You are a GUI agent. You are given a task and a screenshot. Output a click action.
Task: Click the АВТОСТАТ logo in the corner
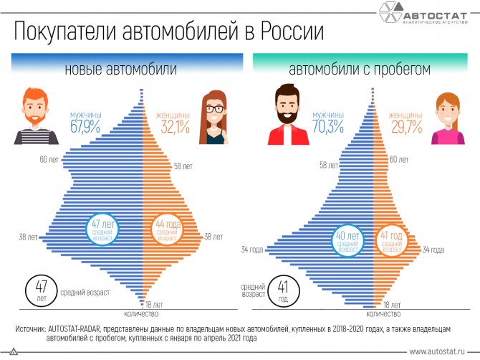(423, 13)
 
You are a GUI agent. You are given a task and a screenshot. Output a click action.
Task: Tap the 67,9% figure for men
(85, 126)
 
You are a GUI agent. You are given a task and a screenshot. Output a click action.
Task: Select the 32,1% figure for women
(175, 126)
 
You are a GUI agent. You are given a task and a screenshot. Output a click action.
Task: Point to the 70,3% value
(328, 126)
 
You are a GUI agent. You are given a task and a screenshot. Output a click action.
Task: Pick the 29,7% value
(406, 126)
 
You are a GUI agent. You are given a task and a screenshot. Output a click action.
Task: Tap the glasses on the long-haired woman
(215, 109)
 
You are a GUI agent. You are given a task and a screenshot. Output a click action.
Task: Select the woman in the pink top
(448, 119)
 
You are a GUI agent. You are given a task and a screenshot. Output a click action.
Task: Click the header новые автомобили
(121, 69)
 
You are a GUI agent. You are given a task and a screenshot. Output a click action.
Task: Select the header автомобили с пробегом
(360, 70)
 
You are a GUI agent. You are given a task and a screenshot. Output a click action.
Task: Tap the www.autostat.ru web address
(436, 351)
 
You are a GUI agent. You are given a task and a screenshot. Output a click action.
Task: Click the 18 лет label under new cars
(154, 305)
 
